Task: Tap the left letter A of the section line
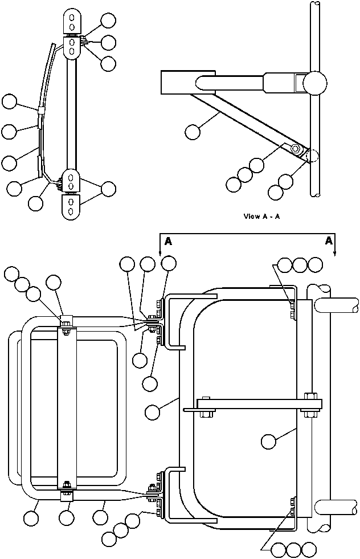[x=168, y=241]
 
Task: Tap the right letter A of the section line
[x=329, y=241]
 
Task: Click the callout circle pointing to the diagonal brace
[x=193, y=132]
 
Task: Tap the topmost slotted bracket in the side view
[x=72, y=22]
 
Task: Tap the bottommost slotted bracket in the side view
[x=71, y=206]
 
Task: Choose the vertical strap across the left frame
[x=67, y=407]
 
